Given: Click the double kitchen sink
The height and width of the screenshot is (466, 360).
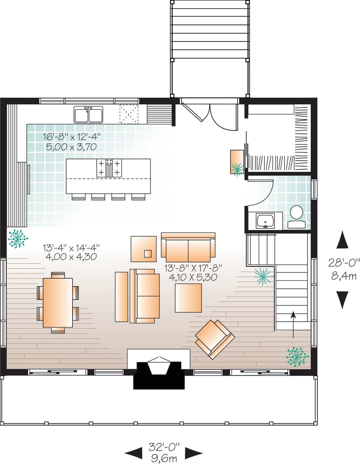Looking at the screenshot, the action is tap(88, 114).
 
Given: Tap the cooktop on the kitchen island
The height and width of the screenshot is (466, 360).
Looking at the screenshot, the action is tap(109, 168).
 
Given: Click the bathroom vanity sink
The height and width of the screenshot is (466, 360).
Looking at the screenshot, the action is tap(265, 221).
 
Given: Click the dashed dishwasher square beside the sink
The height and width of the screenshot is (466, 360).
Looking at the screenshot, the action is tap(129, 114).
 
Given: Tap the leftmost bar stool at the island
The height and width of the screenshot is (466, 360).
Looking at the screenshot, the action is tap(78, 197).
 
